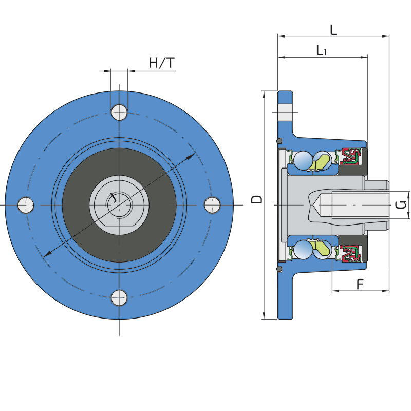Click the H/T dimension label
[161, 63]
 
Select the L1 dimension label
[322, 50]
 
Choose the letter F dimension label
[360, 284]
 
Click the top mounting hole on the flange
[119, 111]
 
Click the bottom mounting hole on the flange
[119, 297]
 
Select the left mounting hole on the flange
[26, 205]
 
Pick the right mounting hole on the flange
[212, 205]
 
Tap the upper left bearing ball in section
[303, 160]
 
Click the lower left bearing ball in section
[303, 250]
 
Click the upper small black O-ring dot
[279, 141]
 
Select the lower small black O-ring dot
[279, 269]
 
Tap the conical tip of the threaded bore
[315, 204]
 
